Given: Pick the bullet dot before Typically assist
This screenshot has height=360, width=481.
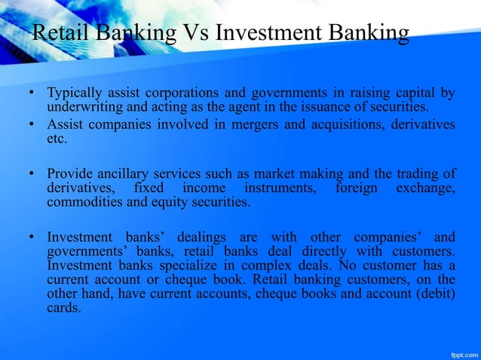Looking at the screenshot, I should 32,94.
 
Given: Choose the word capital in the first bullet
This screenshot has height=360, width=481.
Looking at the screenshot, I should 418,94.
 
